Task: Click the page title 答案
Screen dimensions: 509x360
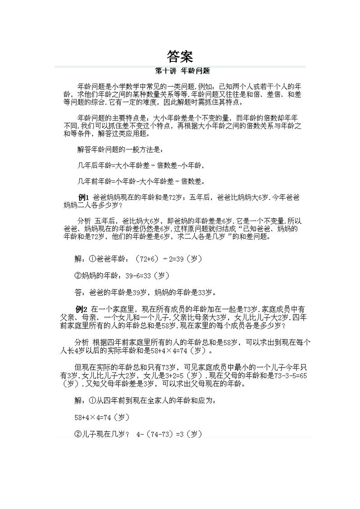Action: pos(180,56)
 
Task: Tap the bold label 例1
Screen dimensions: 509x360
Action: pos(83,197)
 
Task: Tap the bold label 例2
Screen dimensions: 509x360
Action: pos(81,309)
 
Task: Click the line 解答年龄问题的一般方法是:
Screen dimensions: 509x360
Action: pos(121,150)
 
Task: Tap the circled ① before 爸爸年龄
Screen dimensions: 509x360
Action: pos(92,259)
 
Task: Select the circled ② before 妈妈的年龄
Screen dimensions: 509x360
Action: pos(78,276)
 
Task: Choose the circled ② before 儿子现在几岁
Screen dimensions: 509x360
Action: pos(78,434)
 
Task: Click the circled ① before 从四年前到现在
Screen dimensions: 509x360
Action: pos(92,400)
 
